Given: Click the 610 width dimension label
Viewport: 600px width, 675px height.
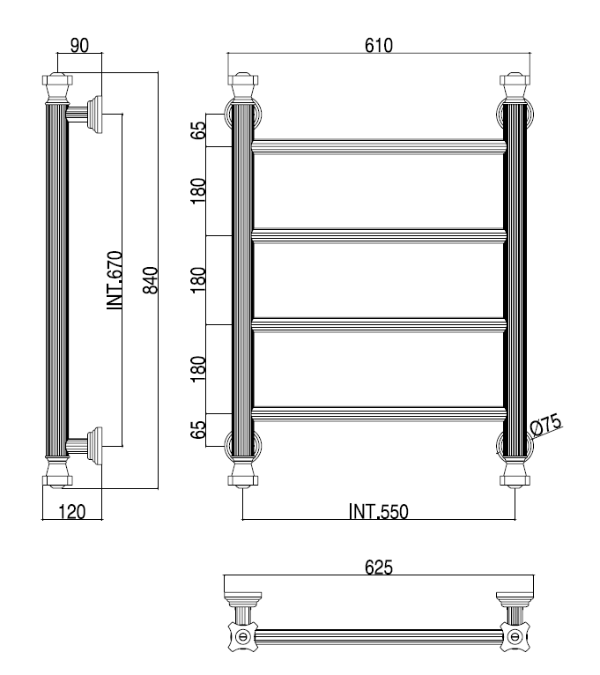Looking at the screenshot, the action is click(x=379, y=45).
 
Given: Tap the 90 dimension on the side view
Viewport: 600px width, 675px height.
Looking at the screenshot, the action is click(x=79, y=45).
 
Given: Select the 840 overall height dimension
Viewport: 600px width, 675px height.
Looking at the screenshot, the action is click(x=151, y=281).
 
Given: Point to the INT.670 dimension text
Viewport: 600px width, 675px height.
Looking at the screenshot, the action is click(x=115, y=280).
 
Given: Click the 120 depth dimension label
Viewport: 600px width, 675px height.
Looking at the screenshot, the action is click(x=72, y=512).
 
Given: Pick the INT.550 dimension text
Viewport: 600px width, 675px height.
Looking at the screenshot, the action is click(x=378, y=512).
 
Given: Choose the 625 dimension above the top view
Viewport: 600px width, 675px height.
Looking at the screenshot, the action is click(x=379, y=567).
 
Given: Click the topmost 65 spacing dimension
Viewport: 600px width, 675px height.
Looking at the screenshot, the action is click(x=198, y=130).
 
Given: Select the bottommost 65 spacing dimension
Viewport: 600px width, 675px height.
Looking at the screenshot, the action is click(x=198, y=430).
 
